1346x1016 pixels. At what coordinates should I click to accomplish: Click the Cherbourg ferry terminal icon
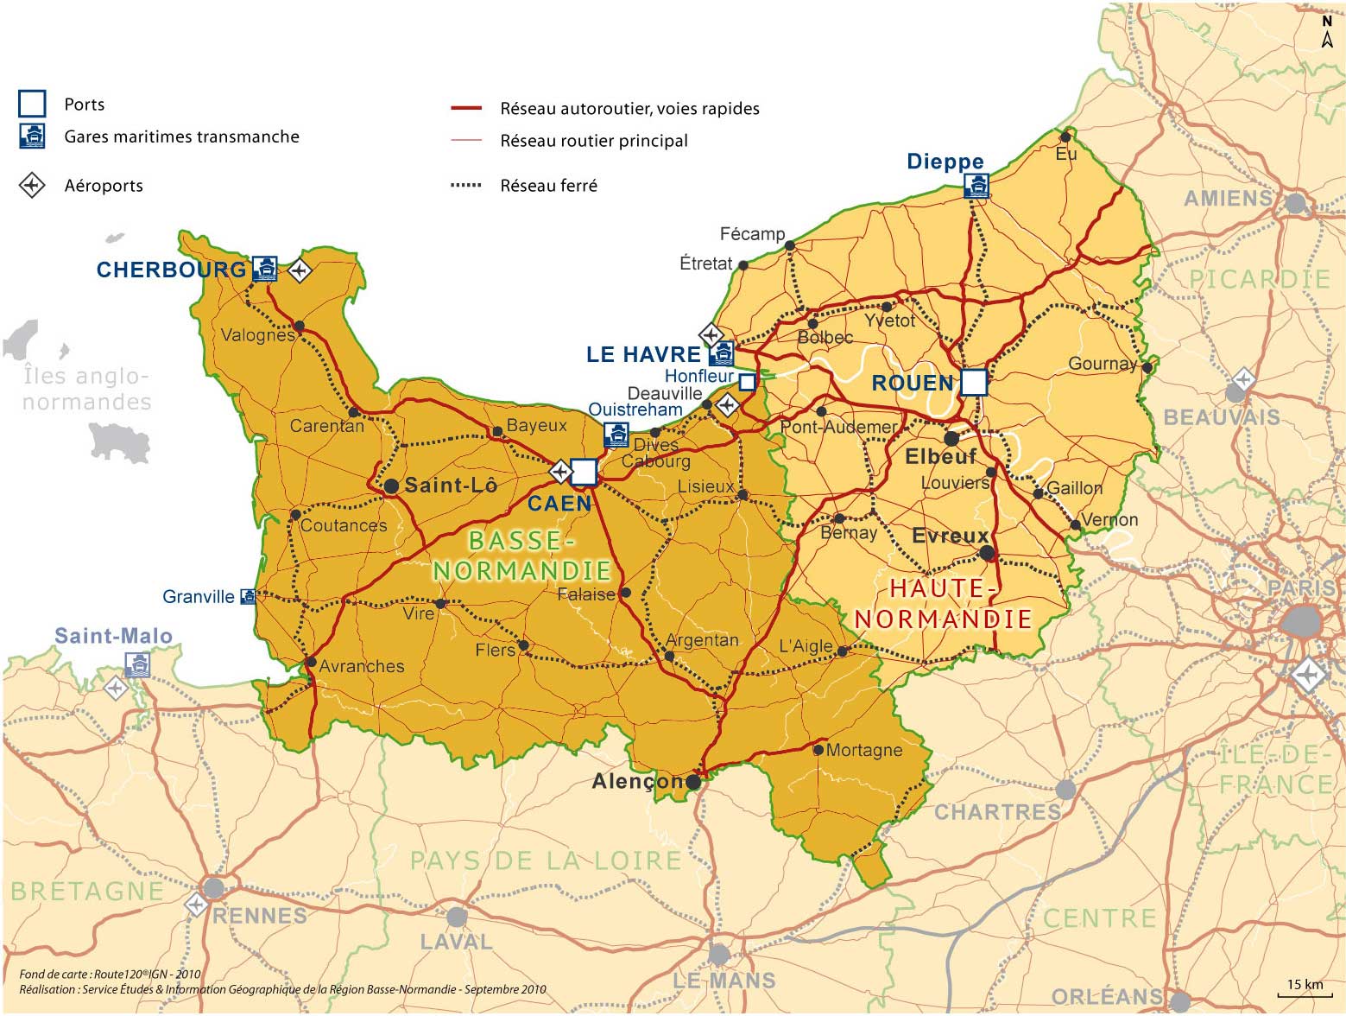click(265, 270)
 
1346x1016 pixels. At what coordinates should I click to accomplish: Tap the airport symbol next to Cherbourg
click(299, 270)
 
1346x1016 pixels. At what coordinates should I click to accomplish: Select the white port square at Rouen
click(974, 382)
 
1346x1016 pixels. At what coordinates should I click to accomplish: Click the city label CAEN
click(559, 503)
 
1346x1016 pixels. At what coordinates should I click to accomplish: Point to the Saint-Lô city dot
click(391, 486)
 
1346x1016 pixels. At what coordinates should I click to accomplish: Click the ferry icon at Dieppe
click(976, 186)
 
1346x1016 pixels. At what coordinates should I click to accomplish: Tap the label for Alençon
click(637, 782)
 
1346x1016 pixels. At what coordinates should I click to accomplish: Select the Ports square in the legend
click(32, 104)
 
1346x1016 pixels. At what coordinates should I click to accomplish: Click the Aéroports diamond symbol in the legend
click(32, 185)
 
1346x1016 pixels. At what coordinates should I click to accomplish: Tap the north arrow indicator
click(1327, 31)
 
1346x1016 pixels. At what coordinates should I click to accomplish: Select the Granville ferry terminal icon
click(248, 596)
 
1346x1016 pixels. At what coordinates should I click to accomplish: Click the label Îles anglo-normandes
click(86, 389)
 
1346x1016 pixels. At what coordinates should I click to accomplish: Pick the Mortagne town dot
click(818, 750)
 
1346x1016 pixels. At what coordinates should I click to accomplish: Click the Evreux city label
click(950, 537)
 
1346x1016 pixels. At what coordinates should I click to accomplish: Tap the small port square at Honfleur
click(747, 381)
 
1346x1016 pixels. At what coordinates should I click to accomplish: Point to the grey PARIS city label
click(1301, 587)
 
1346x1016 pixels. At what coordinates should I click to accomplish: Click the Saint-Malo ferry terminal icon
click(136, 664)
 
